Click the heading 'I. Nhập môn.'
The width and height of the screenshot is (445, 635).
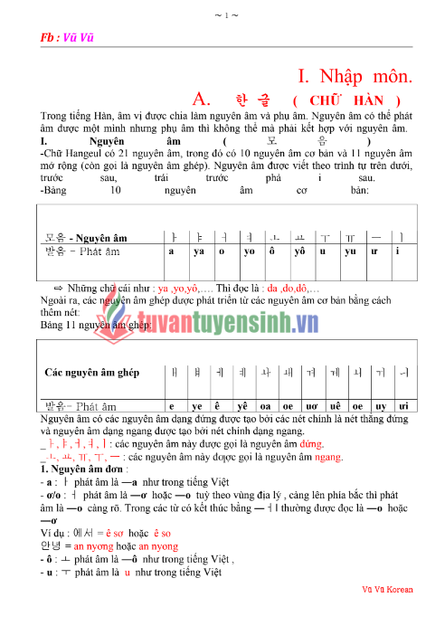pyautogui.click(x=355, y=77)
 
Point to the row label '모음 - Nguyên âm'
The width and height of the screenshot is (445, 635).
pyautogui.click(x=87, y=237)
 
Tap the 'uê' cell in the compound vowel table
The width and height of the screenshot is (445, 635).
pyautogui.click(x=337, y=407)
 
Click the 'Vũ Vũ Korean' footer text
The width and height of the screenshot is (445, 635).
pyautogui.click(x=386, y=590)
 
